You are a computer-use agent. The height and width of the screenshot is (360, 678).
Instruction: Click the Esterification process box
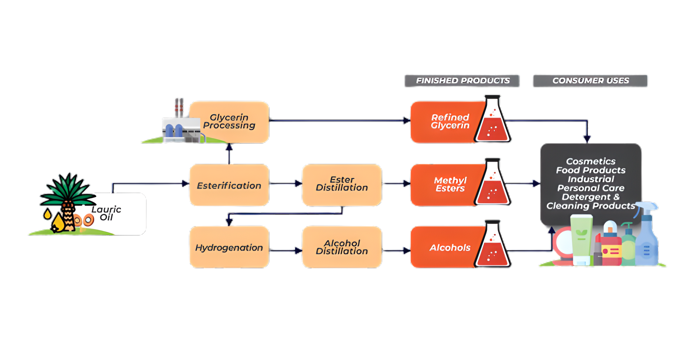[229, 185]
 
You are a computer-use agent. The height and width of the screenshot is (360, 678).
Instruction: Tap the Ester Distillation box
[342, 185]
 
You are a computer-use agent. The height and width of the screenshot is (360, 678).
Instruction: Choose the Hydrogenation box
[229, 247]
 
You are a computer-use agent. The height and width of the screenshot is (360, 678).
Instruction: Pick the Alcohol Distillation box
[342, 247]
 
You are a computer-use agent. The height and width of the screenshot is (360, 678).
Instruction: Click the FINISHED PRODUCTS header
[462, 80]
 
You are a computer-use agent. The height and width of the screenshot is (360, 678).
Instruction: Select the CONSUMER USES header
[590, 80]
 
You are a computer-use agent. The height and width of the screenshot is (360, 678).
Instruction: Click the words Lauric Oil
[106, 213]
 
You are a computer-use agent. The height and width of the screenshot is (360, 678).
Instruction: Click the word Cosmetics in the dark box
[591, 161]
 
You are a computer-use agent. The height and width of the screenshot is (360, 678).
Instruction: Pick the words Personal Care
[591, 188]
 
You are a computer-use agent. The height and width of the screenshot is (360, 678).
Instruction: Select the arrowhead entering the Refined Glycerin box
[406, 120]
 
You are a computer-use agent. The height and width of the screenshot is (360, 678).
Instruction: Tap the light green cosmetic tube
[581, 238]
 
